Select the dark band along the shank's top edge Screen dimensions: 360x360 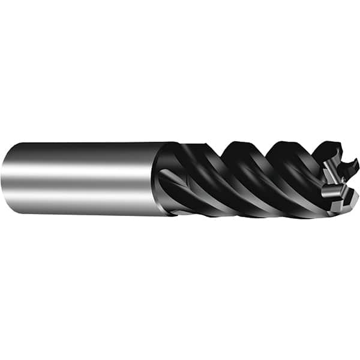pyautogui.click(x=84, y=146)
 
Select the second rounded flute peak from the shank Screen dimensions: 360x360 pyautogui.click(x=282, y=144)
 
